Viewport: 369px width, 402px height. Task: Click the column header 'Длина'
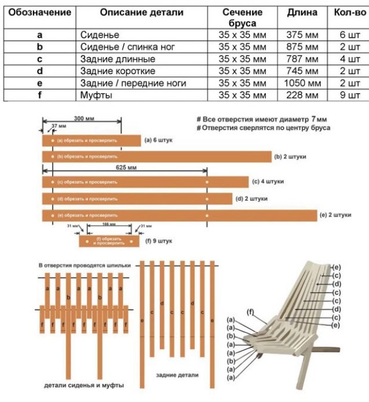[x=302, y=12]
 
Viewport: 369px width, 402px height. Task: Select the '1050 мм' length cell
[x=302, y=83]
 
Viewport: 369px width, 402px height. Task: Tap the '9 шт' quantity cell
[x=350, y=95]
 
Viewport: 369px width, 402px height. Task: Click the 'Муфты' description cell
[x=94, y=95]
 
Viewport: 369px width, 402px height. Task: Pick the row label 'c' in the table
[x=39, y=59]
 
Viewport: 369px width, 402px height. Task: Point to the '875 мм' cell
[x=302, y=46]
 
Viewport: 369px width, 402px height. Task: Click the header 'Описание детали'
[x=141, y=12]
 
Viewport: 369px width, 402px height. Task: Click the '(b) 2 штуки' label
[x=290, y=157]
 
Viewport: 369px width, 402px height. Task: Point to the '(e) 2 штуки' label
[x=335, y=215]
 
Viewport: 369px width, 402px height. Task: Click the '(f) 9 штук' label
[x=159, y=240]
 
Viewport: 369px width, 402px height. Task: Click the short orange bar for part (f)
[x=109, y=240]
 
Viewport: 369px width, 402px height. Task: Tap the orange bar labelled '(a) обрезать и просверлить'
[x=91, y=140]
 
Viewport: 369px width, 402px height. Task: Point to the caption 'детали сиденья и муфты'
[x=84, y=385]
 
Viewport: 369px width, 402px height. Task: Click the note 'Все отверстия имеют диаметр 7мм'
[x=262, y=119]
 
